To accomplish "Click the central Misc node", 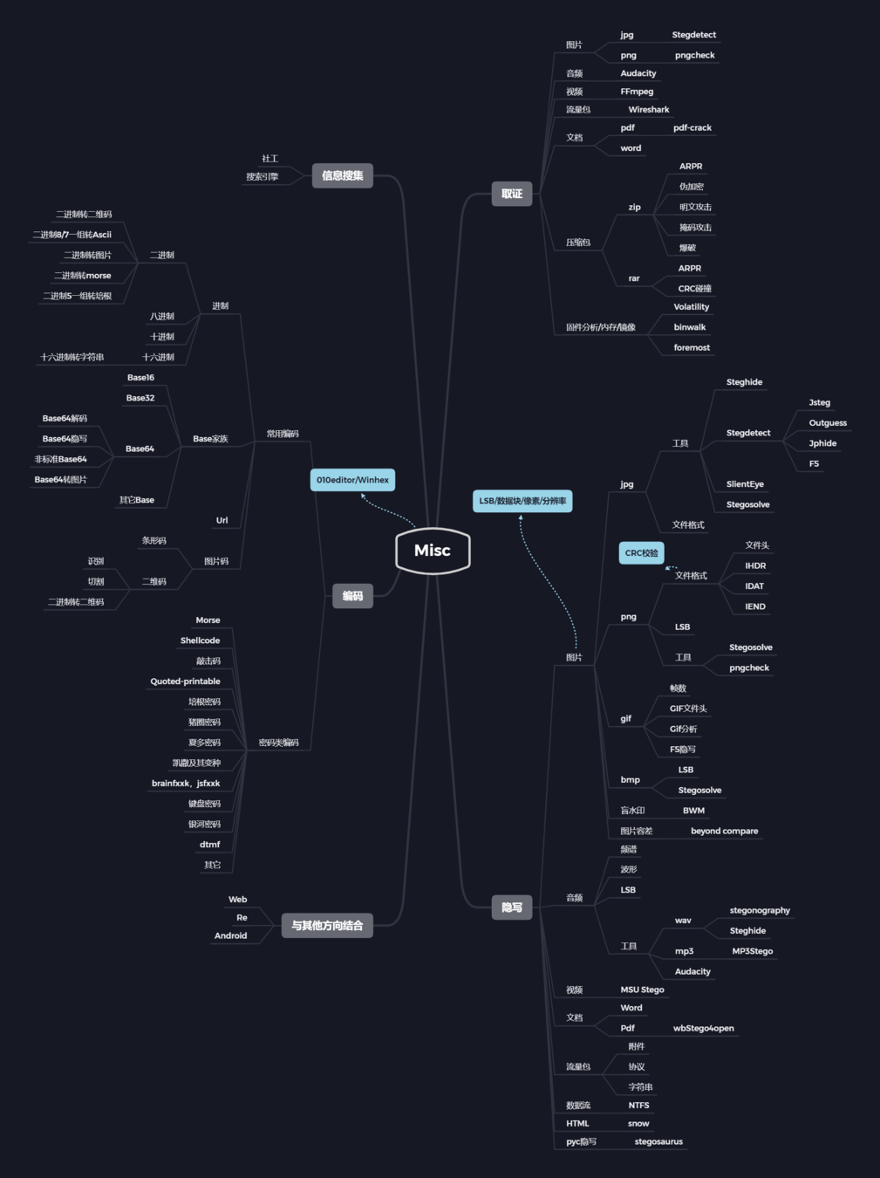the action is click(433, 551).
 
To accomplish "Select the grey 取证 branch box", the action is click(512, 194).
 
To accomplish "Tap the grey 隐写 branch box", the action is click(512, 907).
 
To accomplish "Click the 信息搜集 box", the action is click(342, 175).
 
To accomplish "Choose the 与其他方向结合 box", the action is click(327, 925).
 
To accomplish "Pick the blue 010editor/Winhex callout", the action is click(352, 480).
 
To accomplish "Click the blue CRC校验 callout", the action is click(641, 553).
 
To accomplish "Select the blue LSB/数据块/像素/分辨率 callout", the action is click(522, 501).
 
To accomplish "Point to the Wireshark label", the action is click(649, 110).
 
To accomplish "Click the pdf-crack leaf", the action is click(692, 128).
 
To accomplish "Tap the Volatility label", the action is click(691, 307).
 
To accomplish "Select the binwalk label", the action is click(689, 327).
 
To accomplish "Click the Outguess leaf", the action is click(827, 423).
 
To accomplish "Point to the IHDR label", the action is click(755, 566).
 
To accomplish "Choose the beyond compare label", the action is click(724, 832).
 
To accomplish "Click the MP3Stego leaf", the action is click(752, 951).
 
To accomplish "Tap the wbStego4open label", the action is click(703, 1029).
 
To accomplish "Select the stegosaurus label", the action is click(658, 1142).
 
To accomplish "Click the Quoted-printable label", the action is click(185, 681).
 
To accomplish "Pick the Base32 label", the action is click(140, 398).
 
